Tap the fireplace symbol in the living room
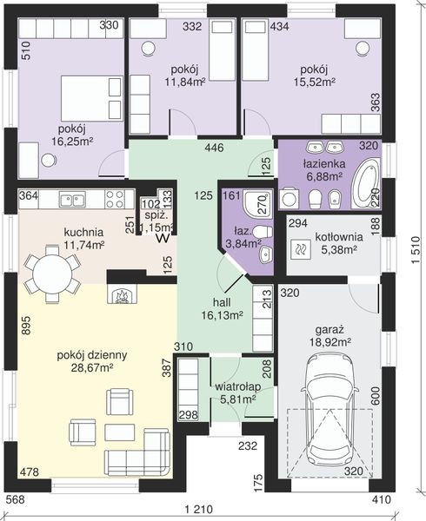(x=122, y=293)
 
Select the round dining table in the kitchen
(x=52, y=274)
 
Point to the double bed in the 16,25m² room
(x=91, y=98)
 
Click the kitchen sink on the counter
(x=72, y=200)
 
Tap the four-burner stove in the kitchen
(x=115, y=199)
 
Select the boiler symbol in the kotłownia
(x=301, y=249)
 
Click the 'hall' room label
(x=222, y=302)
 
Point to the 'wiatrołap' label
(x=237, y=387)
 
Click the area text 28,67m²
(x=91, y=367)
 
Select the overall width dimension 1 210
(x=198, y=509)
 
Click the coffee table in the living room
(x=120, y=432)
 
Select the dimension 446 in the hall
(x=214, y=148)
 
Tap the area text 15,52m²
(x=314, y=82)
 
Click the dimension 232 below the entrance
(x=248, y=445)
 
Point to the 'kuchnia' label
(x=83, y=232)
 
